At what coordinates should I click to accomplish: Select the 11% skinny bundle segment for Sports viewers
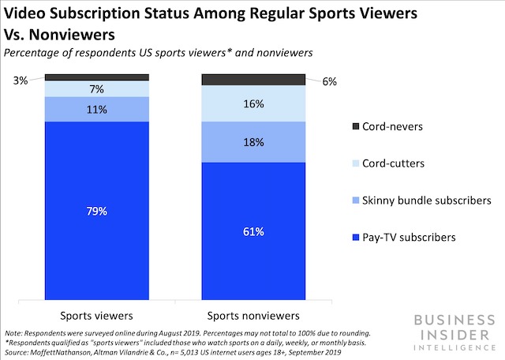pyautogui.click(x=96, y=109)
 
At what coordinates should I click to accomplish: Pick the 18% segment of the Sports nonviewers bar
pyautogui.click(x=254, y=142)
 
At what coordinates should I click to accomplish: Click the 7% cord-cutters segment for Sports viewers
pyautogui.click(x=96, y=88)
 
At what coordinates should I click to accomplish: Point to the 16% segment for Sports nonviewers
pyautogui.click(x=254, y=103)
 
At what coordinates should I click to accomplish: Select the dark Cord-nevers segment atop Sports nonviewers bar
pyautogui.click(x=254, y=80)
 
